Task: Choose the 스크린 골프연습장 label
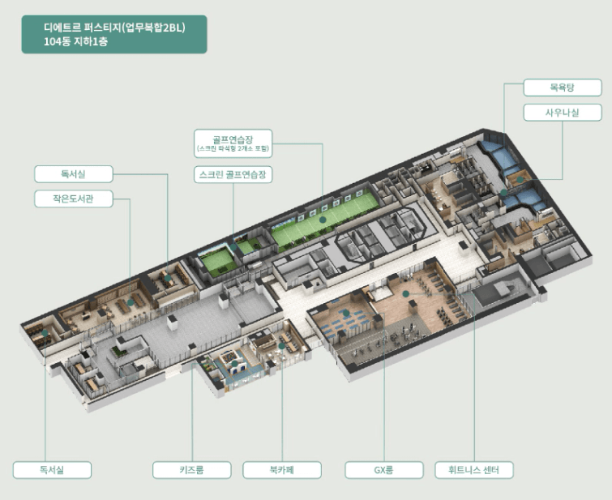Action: (233, 174)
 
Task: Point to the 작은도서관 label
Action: (73, 199)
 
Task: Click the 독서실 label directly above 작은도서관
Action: (73, 173)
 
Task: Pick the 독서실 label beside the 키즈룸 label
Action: (52, 470)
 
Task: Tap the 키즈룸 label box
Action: (191, 470)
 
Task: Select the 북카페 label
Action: (281, 470)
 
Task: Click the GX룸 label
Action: (384, 470)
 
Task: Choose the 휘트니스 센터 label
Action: (473, 470)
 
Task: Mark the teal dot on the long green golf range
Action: (323, 219)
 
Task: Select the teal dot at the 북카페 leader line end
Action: (281, 345)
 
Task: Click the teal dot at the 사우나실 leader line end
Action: (503, 193)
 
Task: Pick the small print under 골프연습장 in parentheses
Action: (233, 150)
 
